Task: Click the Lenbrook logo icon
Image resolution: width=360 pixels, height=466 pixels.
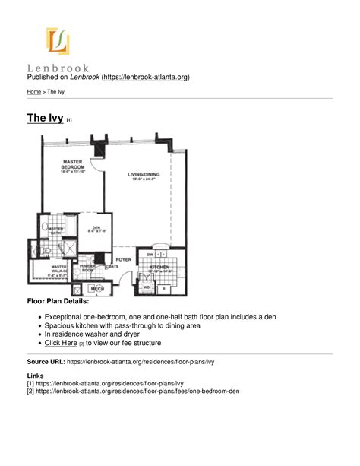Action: point(58,41)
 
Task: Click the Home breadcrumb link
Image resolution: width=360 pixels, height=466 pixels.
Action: point(34,91)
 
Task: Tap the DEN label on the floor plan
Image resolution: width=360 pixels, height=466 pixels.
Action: point(96,227)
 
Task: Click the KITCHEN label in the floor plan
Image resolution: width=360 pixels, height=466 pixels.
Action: point(159,268)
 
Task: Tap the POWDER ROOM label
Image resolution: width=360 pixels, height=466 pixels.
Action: point(87,268)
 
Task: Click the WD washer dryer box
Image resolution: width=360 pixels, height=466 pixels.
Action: point(147,288)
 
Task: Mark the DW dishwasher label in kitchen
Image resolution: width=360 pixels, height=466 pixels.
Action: point(150,255)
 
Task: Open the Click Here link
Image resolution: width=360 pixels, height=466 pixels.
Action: point(61,344)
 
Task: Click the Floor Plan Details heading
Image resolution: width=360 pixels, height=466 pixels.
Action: point(58,303)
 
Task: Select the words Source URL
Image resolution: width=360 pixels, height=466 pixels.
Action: point(46,363)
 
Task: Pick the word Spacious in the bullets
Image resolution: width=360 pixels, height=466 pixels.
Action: point(61,325)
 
